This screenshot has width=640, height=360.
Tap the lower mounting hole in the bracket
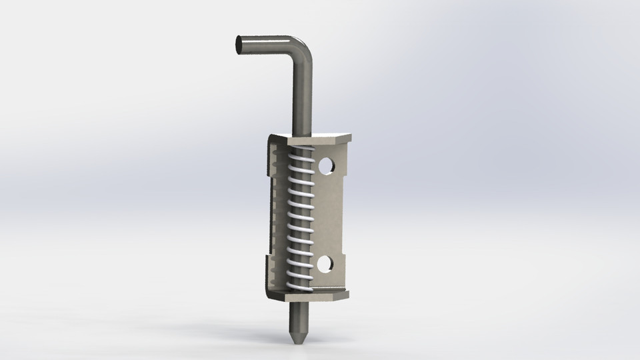[325, 265]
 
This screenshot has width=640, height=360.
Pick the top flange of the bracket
[313, 139]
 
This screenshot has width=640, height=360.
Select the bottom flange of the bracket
[313, 294]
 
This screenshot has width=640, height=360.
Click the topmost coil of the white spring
[302, 153]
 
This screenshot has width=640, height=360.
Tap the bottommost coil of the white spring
[298, 285]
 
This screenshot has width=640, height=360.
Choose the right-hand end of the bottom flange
[347, 293]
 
